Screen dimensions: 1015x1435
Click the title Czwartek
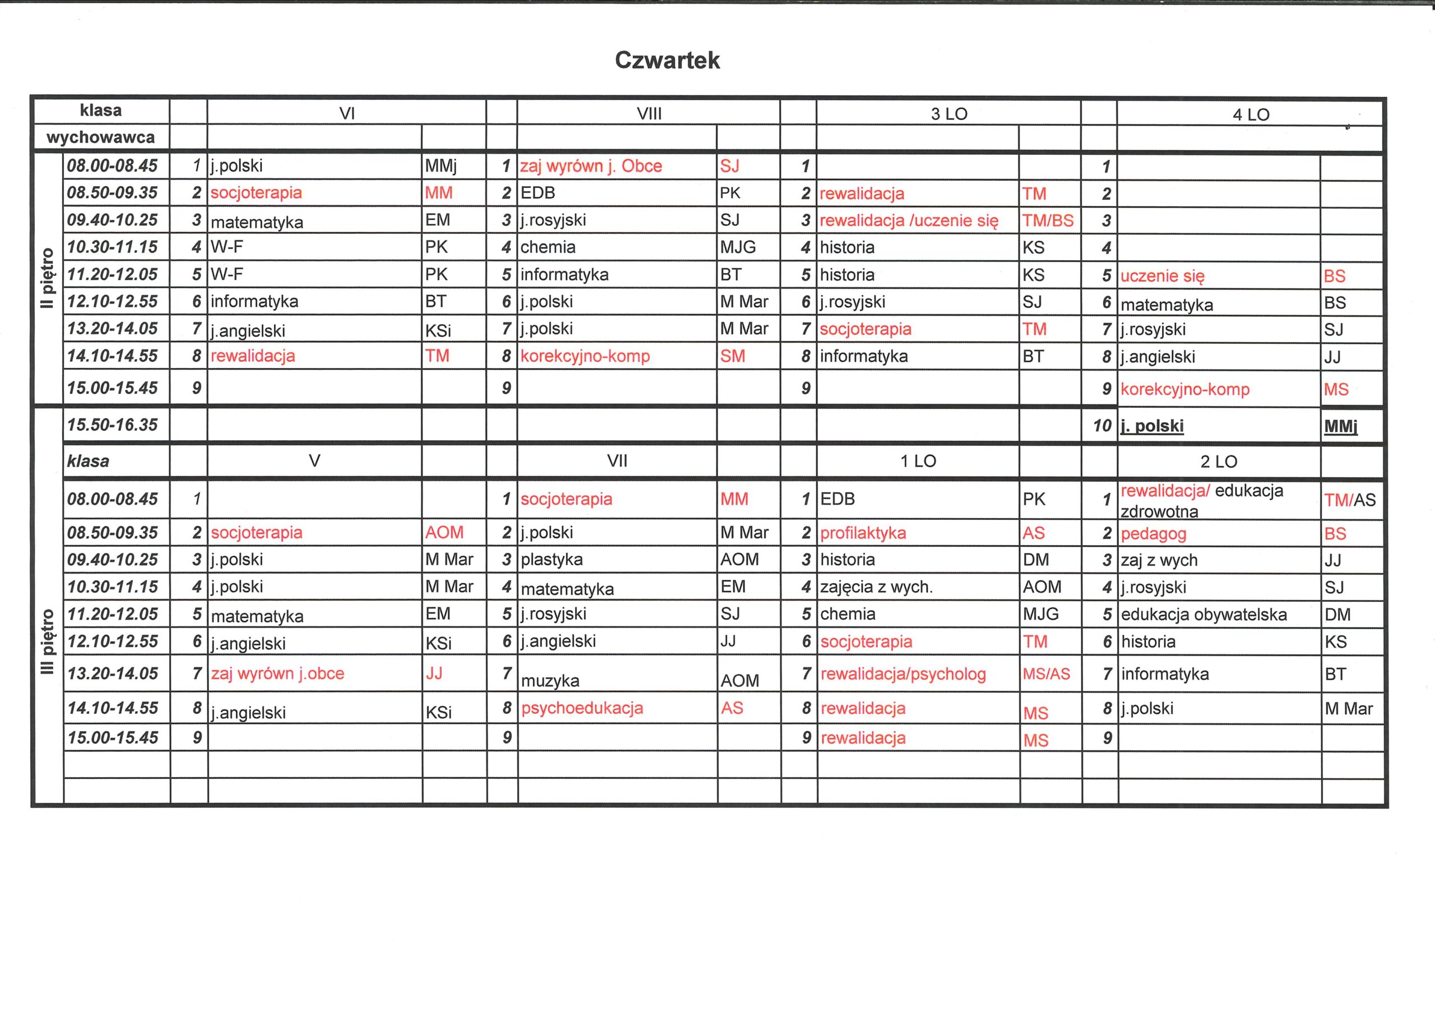click(x=667, y=60)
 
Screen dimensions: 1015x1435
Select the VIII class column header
click(x=649, y=114)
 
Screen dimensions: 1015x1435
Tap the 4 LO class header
click(x=1251, y=114)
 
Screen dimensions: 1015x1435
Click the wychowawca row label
click(x=101, y=137)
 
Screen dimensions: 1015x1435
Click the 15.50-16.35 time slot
click(x=113, y=425)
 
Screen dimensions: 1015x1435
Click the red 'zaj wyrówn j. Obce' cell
click(x=591, y=167)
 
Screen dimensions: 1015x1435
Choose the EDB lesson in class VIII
click(x=538, y=193)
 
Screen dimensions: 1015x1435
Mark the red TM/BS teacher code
click(x=1048, y=221)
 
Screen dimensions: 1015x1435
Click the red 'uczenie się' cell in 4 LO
click(x=1162, y=276)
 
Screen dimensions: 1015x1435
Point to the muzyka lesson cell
click(x=550, y=680)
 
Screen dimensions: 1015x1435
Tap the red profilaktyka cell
click(x=863, y=533)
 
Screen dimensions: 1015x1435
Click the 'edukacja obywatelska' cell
click(x=1203, y=615)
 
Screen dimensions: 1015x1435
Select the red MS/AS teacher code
click(x=1046, y=674)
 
